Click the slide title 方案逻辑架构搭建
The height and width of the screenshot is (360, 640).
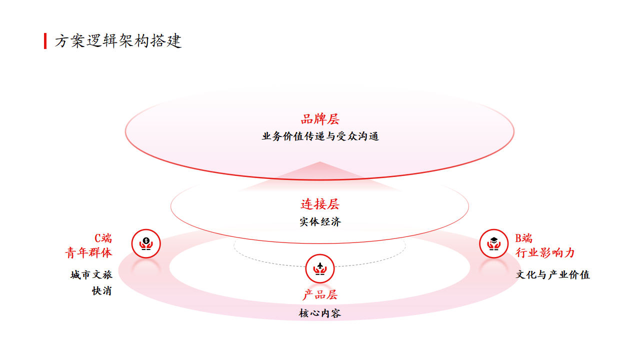pos(118,41)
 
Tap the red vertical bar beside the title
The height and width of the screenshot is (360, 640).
pos(45,41)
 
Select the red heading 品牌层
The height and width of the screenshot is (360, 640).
pos(320,119)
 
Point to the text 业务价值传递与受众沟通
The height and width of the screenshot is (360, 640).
pos(320,136)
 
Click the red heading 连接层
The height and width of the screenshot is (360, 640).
pos(320,204)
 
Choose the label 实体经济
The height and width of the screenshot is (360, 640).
pos(320,221)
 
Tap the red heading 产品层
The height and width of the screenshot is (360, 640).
pos(320,294)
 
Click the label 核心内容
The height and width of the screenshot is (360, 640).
pos(320,313)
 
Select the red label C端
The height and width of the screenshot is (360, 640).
pos(103,238)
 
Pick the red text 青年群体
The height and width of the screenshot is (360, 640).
pos(88,252)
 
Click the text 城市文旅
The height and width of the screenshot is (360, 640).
pos(91,274)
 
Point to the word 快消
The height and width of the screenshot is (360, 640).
pos(101,291)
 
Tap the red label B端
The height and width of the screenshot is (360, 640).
pos(523,238)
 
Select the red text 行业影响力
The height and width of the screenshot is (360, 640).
pos(545,252)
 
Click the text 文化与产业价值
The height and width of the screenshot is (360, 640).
pos(553,274)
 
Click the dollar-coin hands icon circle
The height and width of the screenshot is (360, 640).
pos(146,243)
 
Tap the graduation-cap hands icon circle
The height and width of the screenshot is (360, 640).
pos(493,243)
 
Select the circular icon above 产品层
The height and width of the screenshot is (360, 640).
pos(320,268)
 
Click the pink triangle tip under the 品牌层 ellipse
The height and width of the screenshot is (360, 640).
pos(320,161)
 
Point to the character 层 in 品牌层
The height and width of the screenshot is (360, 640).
pos(333,119)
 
